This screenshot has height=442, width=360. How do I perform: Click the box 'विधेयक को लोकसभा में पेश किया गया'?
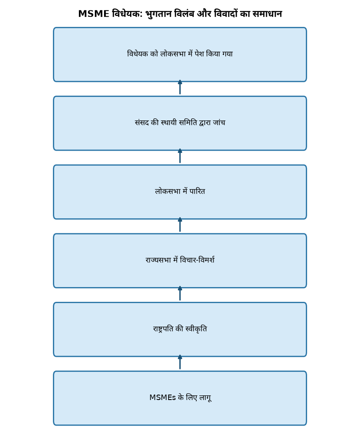click(x=180, y=55)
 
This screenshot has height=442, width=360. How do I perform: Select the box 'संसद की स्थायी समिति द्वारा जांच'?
click(x=180, y=123)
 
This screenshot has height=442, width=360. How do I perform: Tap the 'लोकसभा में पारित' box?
click(x=180, y=192)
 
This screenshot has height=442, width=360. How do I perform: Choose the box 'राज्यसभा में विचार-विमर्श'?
click(x=180, y=261)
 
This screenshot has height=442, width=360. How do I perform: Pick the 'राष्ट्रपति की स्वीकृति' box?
click(x=180, y=330)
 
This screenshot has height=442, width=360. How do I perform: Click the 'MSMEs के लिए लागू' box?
click(x=180, y=398)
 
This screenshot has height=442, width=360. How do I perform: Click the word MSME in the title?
click(x=94, y=14)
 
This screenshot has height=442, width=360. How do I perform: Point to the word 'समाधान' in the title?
click(x=267, y=14)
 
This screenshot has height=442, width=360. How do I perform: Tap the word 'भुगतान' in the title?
click(x=158, y=14)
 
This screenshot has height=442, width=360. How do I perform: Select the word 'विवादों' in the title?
click(x=225, y=13)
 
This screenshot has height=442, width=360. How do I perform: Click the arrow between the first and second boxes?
click(x=180, y=87)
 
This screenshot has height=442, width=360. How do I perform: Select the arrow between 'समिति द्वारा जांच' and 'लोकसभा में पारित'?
click(x=180, y=156)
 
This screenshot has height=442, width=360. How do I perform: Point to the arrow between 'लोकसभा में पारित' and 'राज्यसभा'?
click(x=180, y=225)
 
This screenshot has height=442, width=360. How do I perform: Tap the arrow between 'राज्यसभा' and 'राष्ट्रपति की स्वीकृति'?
click(x=180, y=293)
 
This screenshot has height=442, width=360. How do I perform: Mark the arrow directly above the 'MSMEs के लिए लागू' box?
click(x=180, y=362)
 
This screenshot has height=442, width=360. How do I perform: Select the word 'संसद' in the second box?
click(x=142, y=123)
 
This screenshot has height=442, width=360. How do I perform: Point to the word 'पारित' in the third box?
click(x=197, y=191)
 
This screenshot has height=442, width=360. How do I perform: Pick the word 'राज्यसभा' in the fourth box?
click(x=158, y=260)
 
